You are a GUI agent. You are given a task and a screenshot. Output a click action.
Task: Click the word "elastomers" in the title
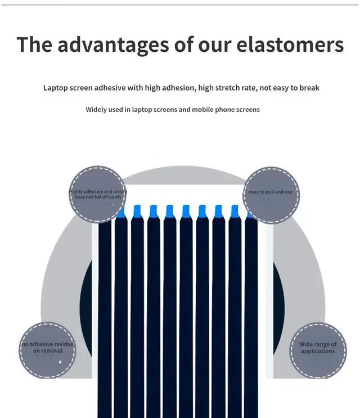(x=289, y=44)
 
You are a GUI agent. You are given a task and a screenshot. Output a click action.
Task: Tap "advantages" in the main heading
(x=110, y=44)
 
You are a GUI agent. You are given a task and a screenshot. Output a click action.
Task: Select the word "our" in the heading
(x=214, y=44)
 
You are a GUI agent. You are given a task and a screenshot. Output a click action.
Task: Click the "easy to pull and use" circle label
(x=271, y=192)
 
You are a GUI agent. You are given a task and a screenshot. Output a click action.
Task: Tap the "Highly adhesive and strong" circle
(x=97, y=195)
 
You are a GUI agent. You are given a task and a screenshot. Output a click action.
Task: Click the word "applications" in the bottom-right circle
(x=318, y=352)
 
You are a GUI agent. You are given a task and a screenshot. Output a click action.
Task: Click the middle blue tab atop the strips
(x=186, y=212)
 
